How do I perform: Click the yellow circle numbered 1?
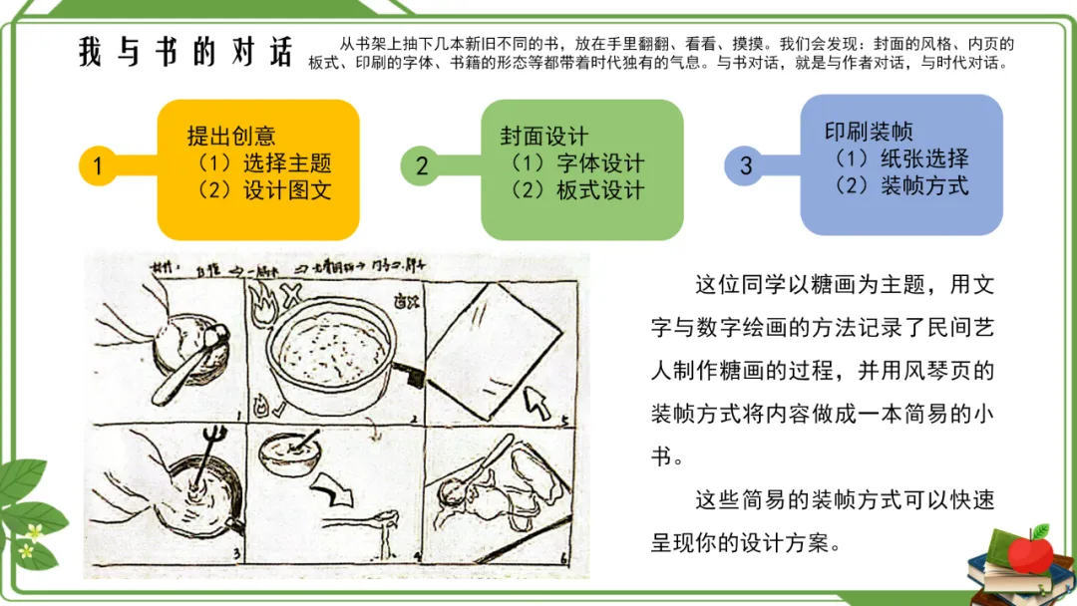98,166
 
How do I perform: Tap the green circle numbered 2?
421,166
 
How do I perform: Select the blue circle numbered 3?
746,165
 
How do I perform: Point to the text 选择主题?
286,163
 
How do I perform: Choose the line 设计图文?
286,190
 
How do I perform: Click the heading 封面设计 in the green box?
543,137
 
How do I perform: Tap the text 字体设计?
599,163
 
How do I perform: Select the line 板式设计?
599,190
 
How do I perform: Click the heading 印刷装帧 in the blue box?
868,132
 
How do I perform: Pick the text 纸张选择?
924,158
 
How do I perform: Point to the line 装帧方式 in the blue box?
924,185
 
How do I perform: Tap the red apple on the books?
1027,550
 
